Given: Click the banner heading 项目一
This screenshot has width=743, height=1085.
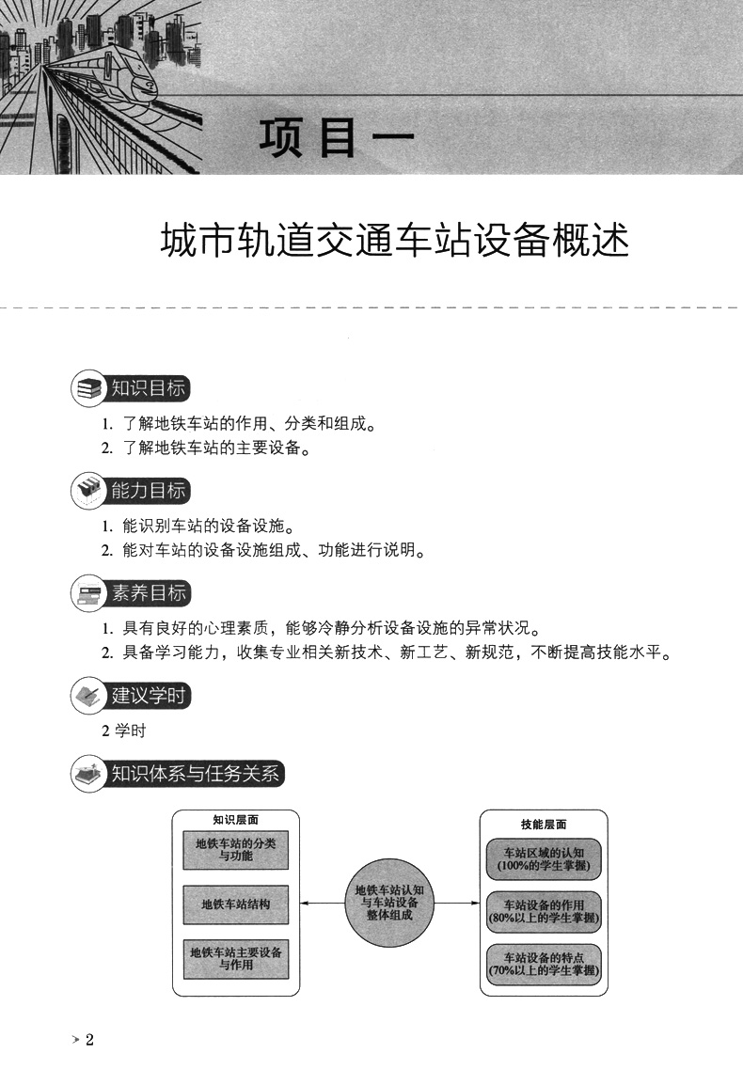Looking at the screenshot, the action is pyautogui.click(x=336, y=137).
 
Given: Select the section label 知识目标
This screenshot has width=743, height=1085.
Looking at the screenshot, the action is pyautogui.click(x=148, y=388).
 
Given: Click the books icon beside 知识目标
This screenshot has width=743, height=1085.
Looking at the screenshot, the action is pyautogui.click(x=88, y=389).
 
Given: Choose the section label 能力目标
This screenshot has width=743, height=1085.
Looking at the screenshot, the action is pyautogui.click(x=148, y=490).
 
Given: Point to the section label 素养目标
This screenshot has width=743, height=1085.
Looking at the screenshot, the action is pyautogui.click(x=149, y=592).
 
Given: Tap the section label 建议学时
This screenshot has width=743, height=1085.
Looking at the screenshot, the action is pyautogui.click(x=150, y=696).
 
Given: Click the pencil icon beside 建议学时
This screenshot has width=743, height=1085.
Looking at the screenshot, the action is pyautogui.click(x=88, y=697).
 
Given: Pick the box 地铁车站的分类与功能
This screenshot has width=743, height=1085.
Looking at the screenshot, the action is pyautogui.click(x=236, y=850).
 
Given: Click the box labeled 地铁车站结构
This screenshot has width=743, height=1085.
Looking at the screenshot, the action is pyautogui.click(x=236, y=904).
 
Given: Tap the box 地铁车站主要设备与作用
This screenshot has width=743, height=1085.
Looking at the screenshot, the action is pyautogui.click(x=236, y=958).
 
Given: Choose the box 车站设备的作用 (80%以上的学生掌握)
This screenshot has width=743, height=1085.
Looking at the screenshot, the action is pyautogui.click(x=545, y=910).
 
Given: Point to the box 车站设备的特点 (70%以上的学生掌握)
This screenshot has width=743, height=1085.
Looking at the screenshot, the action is pyautogui.click(x=545, y=964).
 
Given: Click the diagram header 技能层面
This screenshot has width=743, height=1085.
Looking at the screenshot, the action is pyautogui.click(x=544, y=824).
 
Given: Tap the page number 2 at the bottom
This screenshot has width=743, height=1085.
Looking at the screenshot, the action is pyautogui.click(x=90, y=1040).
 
